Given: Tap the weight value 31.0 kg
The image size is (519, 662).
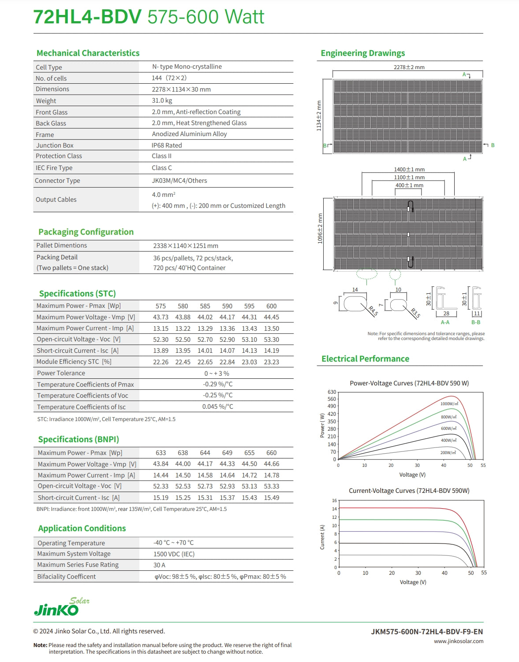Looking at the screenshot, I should coord(162,100).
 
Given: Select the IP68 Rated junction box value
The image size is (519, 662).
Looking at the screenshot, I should coord(167,145).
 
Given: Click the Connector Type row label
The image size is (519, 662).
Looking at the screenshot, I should coord(57,181).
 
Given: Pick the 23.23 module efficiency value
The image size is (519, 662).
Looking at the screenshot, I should coord(271,362).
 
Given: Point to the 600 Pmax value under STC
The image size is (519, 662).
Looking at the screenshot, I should coord(271,306).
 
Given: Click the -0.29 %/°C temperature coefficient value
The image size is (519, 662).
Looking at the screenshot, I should coord(218,384).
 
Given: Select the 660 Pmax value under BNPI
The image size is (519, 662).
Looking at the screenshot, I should coord(271,453).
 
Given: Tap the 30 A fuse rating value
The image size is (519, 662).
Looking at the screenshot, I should coord(159,565).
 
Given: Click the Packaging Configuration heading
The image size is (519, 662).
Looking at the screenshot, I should coord(86,232).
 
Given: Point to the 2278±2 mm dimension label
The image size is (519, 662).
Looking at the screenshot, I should coord(409,67).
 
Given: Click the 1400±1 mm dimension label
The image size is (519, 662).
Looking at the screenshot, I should coord(409,170).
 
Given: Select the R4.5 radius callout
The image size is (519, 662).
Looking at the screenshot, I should coord(373,311).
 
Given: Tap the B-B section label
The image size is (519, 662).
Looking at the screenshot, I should coord(476,322).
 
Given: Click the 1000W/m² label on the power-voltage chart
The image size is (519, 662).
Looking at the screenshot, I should coord(449,404).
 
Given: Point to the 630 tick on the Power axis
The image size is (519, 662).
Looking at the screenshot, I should coord(332,392).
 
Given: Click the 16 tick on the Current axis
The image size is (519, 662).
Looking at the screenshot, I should coord(334,501).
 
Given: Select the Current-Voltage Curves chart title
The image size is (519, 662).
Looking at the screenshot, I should coord(409,491).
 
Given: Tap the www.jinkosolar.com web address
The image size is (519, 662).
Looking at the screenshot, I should coord(458,641).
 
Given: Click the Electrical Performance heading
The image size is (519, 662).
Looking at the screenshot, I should coord(365,359).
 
